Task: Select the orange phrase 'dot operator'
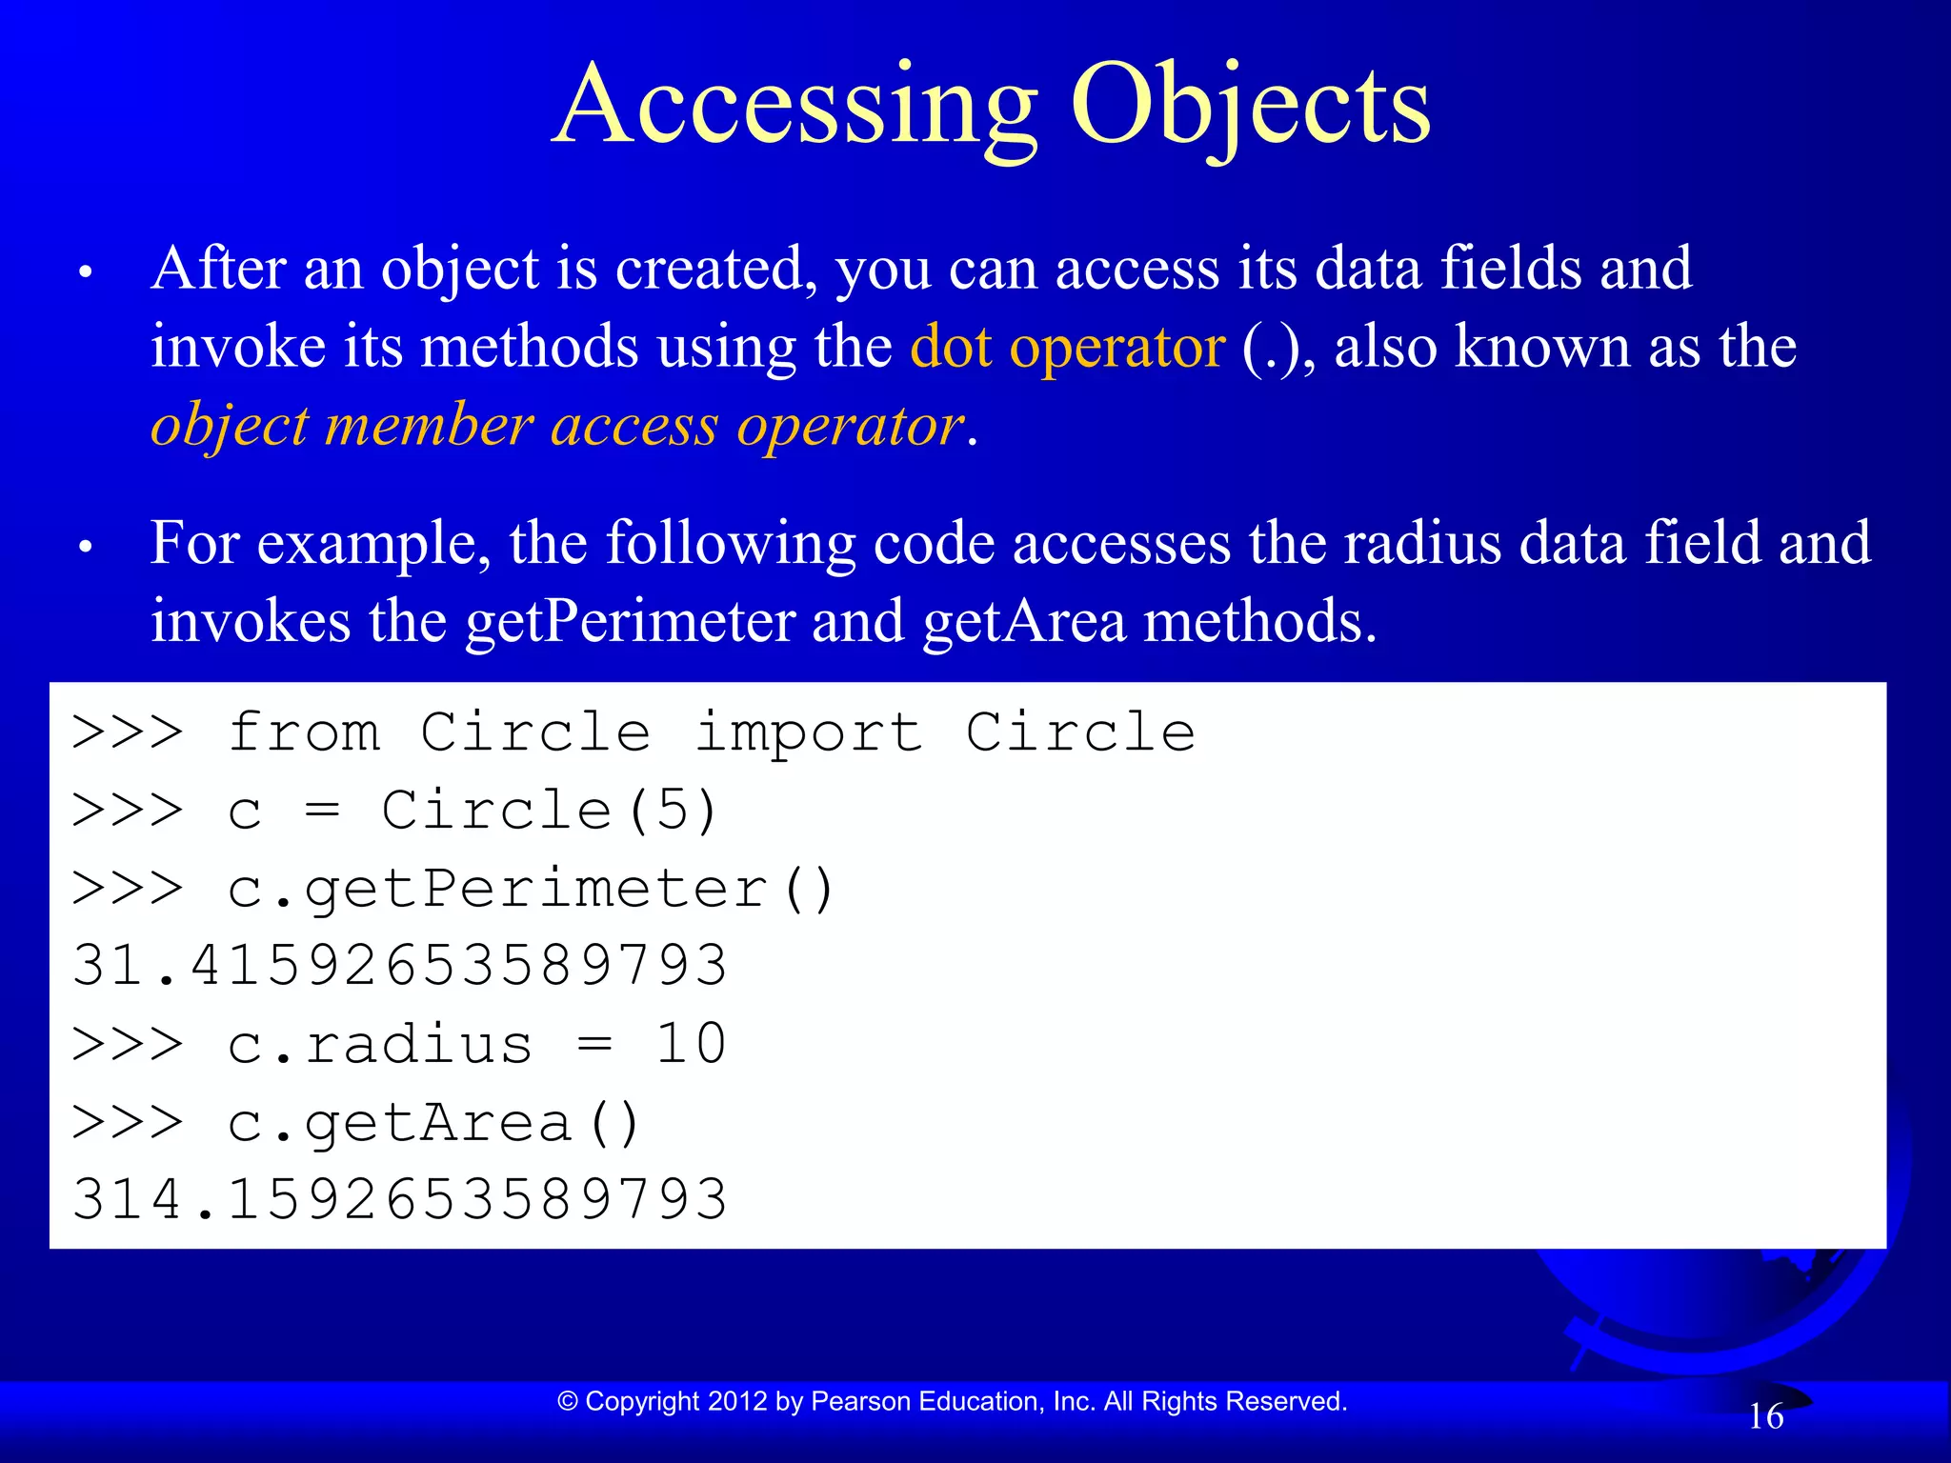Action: pyautogui.click(x=1067, y=347)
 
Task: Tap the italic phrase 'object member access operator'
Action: pyautogui.click(x=557, y=425)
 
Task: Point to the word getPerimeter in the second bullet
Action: pyautogui.click(x=630, y=622)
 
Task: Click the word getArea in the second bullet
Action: pyautogui.click(x=1024, y=622)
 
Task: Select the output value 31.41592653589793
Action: pyautogui.click(x=400, y=965)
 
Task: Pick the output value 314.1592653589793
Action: pyautogui.click(x=400, y=1199)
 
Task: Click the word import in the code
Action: pyautogui.click(x=809, y=733)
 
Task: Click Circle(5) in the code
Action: pyautogui.click(x=549, y=812)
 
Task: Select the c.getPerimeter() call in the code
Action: pyautogui.click(x=532, y=890)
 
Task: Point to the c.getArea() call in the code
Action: pyautogui.click(x=434, y=1123)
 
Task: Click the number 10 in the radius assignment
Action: pyautogui.click(x=692, y=1044)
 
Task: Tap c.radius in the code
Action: pyautogui.click(x=379, y=1045)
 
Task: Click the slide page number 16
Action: pyautogui.click(x=1765, y=1416)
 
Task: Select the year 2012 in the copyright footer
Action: pyautogui.click(x=737, y=1401)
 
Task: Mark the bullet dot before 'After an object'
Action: pyautogui.click(x=86, y=273)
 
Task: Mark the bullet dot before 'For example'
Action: pyautogui.click(x=86, y=548)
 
